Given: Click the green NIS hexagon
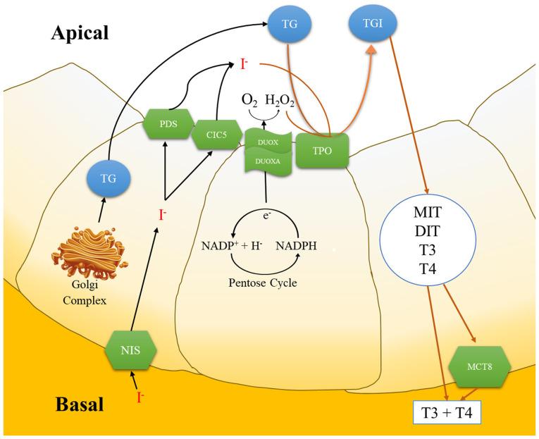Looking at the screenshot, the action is [x=130, y=350].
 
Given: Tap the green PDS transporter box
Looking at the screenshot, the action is [x=168, y=124].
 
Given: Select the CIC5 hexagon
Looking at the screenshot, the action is [x=216, y=135].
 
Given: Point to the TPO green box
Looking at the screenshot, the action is [x=322, y=151].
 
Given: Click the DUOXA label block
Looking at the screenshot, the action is [x=268, y=161].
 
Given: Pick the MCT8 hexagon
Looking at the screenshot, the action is [x=479, y=366].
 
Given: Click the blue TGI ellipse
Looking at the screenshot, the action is [x=373, y=23].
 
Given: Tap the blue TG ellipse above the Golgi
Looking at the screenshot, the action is [x=109, y=178].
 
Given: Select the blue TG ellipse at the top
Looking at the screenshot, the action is [x=290, y=24].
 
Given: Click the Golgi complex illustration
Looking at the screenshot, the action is [x=89, y=252].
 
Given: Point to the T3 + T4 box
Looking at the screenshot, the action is [x=447, y=412].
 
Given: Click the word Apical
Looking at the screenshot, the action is [x=80, y=33].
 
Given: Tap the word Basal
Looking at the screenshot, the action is [x=80, y=404].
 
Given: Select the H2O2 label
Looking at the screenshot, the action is [x=280, y=100].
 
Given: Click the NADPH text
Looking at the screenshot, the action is [x=296, y=246].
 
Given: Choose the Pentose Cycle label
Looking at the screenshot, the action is [x=263, y=283].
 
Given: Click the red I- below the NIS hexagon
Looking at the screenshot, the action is [x=140, y=397].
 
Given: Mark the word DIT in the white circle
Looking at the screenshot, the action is [x=427, y=231].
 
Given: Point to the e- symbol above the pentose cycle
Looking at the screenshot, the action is [x=266, y=216].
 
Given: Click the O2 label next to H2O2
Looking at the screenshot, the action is [x=249, y=100].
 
